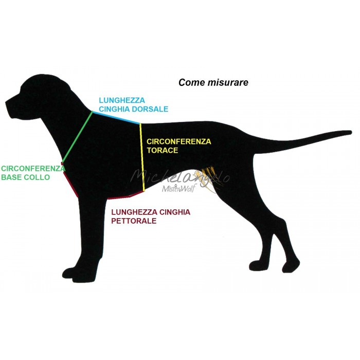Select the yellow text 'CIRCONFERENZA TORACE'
[178, 146]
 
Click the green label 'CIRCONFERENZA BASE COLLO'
[32, 173]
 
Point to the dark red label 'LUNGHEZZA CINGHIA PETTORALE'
[150, 216]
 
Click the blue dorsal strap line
[117, 118]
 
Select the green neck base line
[78, 136]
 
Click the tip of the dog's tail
[351, 131]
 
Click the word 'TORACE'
[163, 150]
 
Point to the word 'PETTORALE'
[134, 221]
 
